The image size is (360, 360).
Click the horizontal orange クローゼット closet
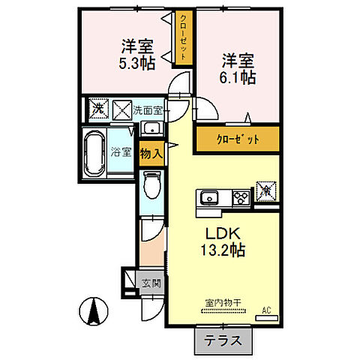(x=238, y=139)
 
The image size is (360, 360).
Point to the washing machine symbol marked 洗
(x=97, y=109)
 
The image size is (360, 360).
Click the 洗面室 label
(x=147, y=110)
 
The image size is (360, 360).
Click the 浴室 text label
(x=122, y=151)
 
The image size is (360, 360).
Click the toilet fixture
(x=151, y=183)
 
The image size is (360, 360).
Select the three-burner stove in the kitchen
(x=240, y=198)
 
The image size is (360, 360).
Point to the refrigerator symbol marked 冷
(x=265, y=190)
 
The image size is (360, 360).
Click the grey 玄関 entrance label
(x=150, y=283)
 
